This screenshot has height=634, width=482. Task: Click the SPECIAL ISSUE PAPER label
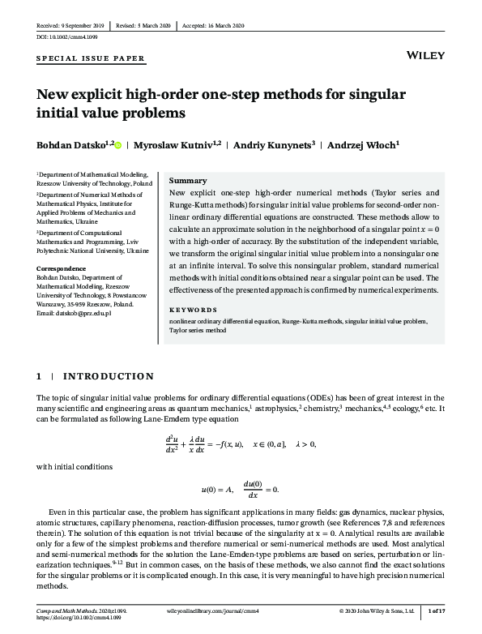point(91,59)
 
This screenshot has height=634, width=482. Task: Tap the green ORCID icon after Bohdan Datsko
point(118,145)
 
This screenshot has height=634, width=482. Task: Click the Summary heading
point(188,181)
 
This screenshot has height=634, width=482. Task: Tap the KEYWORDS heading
point(194,310)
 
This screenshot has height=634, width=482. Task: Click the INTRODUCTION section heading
point(109,376)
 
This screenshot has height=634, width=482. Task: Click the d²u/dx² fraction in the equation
point(171,443)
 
